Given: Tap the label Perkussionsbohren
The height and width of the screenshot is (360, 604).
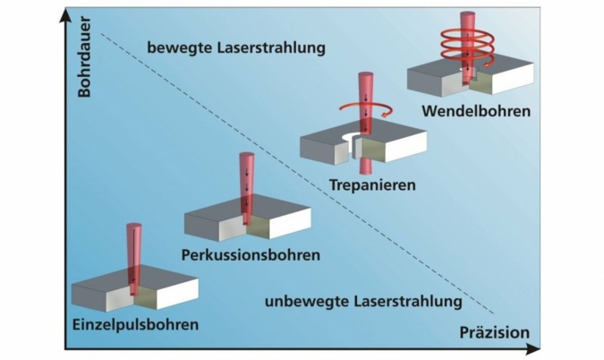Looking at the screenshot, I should (x=250, y=254).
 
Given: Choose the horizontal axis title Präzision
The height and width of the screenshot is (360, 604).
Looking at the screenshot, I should (x=495, y=333).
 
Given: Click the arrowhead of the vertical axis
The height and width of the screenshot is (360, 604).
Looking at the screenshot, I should (x=64, y=13).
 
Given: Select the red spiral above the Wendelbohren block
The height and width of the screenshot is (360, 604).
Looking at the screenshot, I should (x=464, y=44).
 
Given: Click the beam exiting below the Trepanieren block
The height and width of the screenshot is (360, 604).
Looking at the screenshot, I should (x=364, y=167).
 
